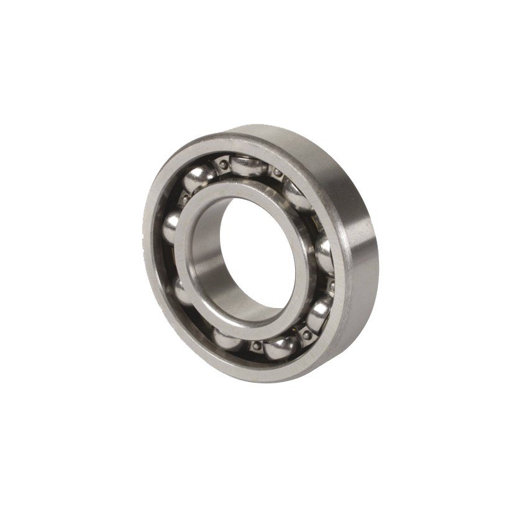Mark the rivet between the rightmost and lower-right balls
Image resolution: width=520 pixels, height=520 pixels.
(331, 285)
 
